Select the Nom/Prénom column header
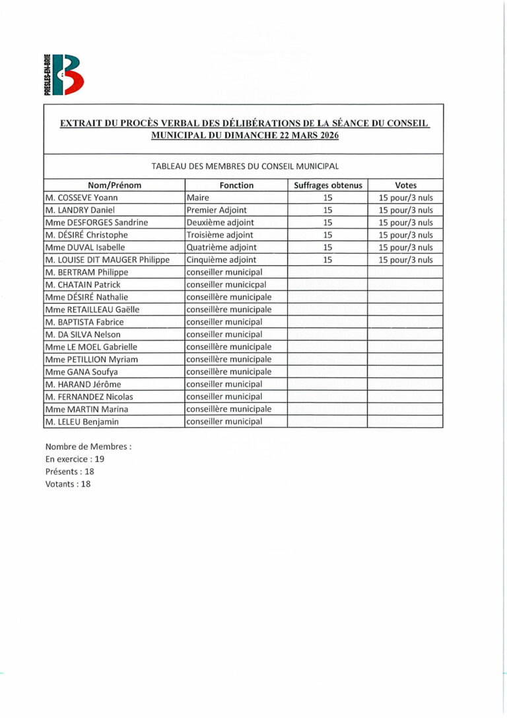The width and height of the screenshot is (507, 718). [x=114, y=185]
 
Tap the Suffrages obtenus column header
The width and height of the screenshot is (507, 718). [x=327, y=185]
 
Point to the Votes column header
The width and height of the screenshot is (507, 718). [x=405, y=185]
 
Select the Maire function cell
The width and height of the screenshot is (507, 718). [x=197, y=198]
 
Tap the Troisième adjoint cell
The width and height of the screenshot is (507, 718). [x=220, y=235]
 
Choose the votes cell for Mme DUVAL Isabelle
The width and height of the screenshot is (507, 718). [x=405, y=247]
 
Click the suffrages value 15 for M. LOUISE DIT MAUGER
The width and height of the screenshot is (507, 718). [x=327, y=260]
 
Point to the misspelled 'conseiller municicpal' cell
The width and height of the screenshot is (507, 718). [x=226, y=284]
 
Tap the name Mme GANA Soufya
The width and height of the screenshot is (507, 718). [x=82, y=372]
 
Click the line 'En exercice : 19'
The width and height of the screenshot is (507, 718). [x=75, y=459]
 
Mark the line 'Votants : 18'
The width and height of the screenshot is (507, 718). [x=68, y=484]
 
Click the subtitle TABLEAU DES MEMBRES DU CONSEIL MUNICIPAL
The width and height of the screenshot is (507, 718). [x=245, y=166]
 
